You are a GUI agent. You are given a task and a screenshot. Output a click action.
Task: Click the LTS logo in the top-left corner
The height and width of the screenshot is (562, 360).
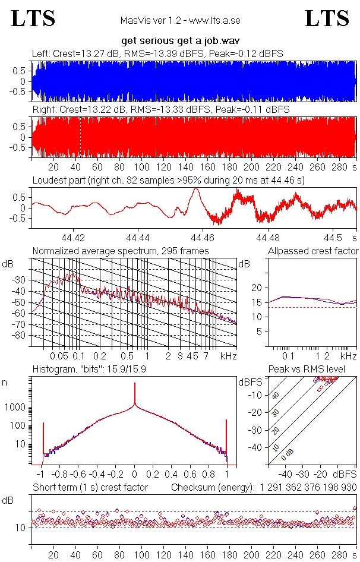33,18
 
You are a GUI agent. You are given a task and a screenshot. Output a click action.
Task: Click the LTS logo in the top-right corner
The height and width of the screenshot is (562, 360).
327,18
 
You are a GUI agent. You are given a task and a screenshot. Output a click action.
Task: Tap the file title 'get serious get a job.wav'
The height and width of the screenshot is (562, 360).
180,42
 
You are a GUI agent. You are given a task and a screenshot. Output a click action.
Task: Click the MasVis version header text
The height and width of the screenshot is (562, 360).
180,20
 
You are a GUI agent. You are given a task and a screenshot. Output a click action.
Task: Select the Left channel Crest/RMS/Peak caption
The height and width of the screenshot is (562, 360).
157,53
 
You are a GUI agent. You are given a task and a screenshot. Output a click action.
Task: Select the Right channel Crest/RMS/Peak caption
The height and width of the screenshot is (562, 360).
160,110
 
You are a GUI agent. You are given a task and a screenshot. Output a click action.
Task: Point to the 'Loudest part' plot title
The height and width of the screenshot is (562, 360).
168,179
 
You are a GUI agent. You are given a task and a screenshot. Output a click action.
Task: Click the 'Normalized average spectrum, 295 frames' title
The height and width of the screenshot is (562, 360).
121,251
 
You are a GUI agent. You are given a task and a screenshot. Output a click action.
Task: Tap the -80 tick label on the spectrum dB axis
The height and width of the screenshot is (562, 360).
20,336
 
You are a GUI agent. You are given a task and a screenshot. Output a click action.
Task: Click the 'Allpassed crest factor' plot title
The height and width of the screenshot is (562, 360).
313,251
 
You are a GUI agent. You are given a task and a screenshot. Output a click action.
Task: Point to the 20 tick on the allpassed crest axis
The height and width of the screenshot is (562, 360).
257,288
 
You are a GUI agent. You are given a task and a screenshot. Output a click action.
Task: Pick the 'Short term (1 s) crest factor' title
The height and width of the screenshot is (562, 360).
90,487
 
